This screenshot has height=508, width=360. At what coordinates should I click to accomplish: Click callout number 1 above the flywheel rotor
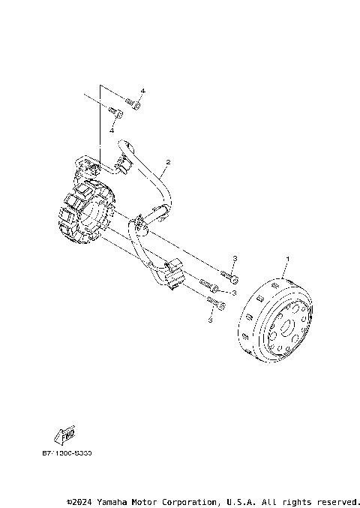[287, 259]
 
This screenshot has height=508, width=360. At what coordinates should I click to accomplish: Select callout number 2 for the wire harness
[168, 162]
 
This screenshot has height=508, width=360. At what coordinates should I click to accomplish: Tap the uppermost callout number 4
[142, 92]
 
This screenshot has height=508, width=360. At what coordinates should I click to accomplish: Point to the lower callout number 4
[112, 131]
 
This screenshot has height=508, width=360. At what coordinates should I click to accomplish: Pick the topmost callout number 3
[235, 259]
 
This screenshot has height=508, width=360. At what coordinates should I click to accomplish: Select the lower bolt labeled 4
[115, 113]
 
